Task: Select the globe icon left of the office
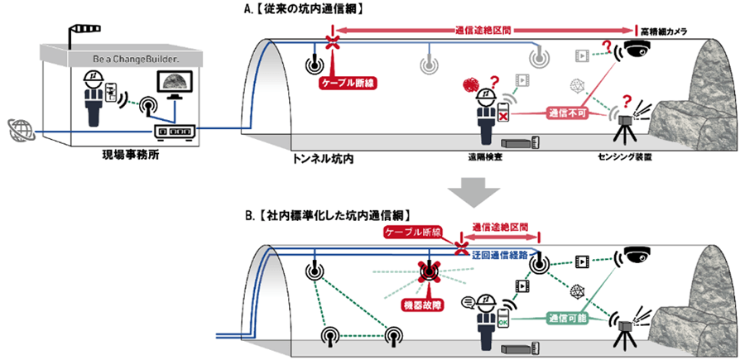(19, 130)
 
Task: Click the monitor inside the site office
(176, 86)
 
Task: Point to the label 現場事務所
(118, 155)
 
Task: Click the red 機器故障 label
(429, 305)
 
